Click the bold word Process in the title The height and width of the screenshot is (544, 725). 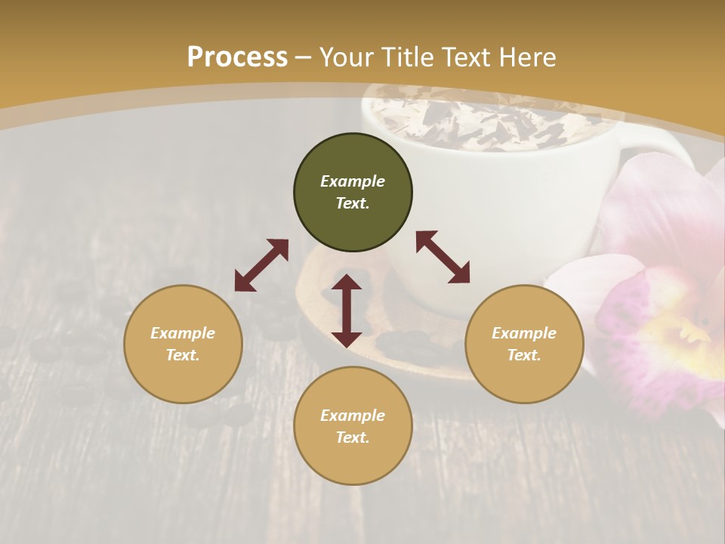point(237,57)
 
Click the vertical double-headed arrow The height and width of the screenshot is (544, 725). point(347,311)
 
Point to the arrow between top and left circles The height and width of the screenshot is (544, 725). point(261,265)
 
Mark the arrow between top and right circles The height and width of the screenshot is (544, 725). point(443,257)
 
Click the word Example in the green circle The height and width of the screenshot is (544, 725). point(353,181)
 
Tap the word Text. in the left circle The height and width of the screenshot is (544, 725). point(183,355)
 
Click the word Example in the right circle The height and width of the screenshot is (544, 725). point(524,333)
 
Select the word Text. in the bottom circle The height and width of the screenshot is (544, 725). point(353,437)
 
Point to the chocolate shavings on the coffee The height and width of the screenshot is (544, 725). point(483,121)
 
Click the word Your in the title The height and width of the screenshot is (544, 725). point(346,57)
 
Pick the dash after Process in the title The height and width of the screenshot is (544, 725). point(303,57)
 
